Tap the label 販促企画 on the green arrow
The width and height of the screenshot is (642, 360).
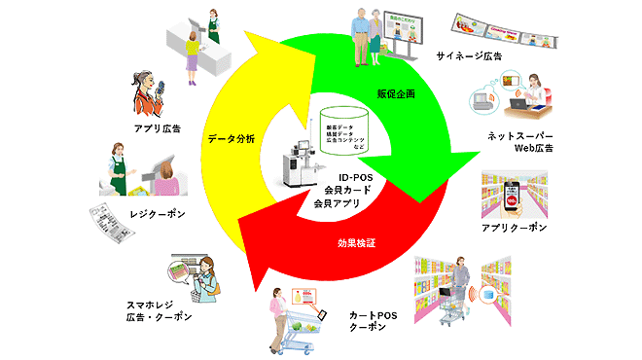(397, 94)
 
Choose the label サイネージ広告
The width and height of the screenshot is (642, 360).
(469, 56)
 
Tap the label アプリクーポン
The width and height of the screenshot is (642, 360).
(515, 227)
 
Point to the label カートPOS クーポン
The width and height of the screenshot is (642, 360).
(374, 321)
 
